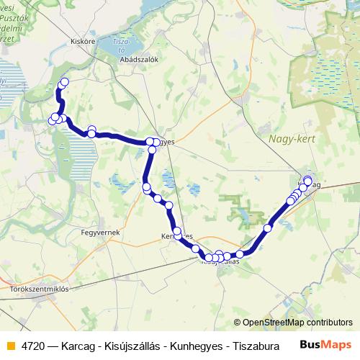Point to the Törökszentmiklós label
[39, 289]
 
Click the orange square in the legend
[9, 344]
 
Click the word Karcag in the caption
[77, 344]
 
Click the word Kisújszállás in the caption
[134, 344]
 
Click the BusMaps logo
[325, 343]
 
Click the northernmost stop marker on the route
[64, 82]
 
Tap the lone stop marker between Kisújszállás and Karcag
[267, 228]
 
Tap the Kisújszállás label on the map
[219, 262]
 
